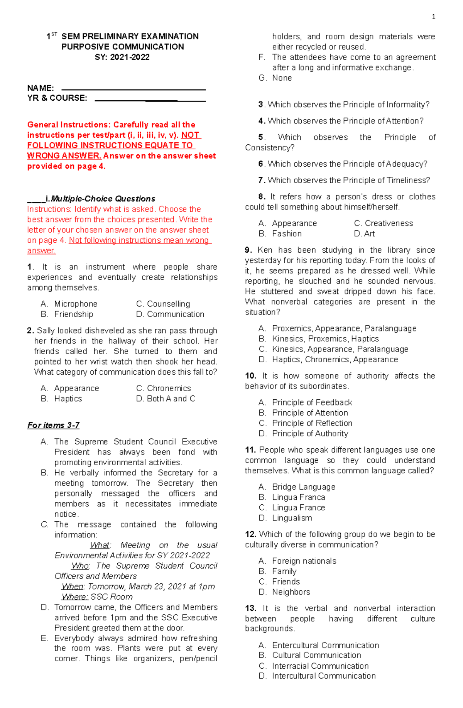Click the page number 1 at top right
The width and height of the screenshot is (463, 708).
pos(433,17)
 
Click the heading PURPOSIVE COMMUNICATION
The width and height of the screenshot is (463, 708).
pos(123,47)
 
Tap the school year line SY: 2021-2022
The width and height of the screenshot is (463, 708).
pos(122,57)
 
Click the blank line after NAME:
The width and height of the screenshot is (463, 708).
pos(133,89)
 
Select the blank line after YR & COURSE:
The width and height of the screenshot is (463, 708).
pos(150,100)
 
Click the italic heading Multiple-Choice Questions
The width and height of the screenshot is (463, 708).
pos(103,199)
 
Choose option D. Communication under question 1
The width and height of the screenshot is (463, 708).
pos(170,314)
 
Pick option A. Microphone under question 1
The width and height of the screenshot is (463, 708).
pos(69,304)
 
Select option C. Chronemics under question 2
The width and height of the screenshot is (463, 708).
pos(164,388)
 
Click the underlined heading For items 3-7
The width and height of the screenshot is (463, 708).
pos(53,425)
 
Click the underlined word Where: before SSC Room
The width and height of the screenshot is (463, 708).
pos(75,596)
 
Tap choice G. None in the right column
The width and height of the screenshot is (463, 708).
pos(275,78)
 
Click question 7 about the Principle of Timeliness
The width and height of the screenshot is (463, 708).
pos(344,180)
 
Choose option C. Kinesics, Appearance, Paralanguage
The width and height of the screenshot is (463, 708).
pos(334,349)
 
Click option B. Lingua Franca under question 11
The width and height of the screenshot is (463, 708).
pos(292,497)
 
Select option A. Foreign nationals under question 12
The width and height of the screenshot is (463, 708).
pos(297,561)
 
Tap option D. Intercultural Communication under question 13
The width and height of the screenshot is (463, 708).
pos(317,676)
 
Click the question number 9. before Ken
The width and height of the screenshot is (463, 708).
pos(248,250)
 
